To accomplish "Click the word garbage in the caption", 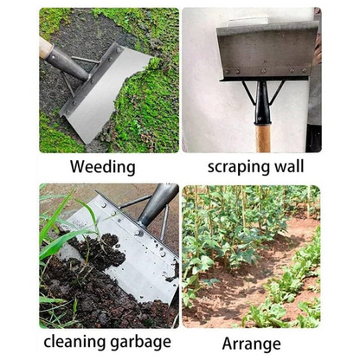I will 142,343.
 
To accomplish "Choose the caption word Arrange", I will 251,343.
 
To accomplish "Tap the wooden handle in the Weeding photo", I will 45,48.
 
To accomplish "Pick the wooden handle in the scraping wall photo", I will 263,138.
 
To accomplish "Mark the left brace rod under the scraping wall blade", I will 249,92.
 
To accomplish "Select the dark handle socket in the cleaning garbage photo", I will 157,204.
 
